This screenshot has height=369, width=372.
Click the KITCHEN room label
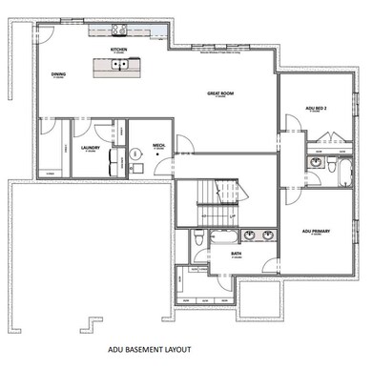(118, 49)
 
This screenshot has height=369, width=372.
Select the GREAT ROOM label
(220, 93)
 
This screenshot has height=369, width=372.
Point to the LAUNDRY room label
(93, 147)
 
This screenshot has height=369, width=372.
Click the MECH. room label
(159, 146)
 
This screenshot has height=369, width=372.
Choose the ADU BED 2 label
(318, 110)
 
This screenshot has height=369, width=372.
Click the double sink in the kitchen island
(119, 65)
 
